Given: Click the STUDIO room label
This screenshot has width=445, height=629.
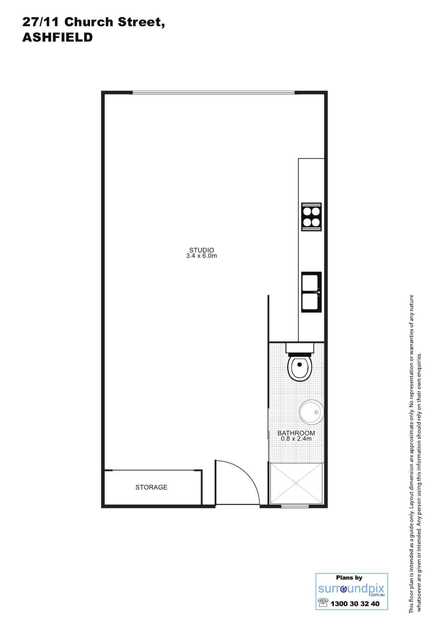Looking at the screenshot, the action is (x=202, y=250).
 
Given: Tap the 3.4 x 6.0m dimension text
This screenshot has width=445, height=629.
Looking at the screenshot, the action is (x=202, y=256).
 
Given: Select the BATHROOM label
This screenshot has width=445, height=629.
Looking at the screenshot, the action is (x=296, y=433).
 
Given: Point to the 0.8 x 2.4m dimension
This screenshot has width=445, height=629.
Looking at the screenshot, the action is (x=296, y=439).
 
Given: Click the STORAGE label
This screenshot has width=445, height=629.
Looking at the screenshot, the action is (x=151, y=487).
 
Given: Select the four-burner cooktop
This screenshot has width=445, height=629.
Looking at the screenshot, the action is (x=311, y=217).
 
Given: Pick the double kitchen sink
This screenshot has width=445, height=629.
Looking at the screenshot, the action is (x=311, y=292).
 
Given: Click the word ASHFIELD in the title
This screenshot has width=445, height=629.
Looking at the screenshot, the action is (x=57, y=37).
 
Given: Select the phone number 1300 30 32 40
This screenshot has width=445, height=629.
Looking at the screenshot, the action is (x=355, y=604).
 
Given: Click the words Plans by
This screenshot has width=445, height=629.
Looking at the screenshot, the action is (x=349, y=577).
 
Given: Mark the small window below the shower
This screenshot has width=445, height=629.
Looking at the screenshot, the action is (x=295, y=506).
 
